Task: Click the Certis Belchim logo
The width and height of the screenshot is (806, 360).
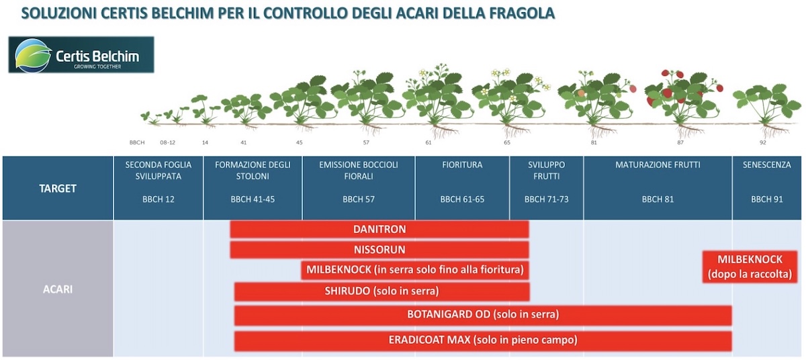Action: [81, 54]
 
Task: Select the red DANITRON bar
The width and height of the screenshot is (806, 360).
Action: [379, 229]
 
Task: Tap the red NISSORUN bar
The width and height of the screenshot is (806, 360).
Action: [379, 250]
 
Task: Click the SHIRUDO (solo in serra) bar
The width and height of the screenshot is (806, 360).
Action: [382, 291]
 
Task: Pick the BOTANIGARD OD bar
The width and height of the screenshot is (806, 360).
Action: [482, 314]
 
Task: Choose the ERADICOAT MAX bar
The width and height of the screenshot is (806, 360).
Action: [482, 341]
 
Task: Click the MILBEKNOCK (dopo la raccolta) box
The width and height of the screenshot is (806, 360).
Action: [750, 267]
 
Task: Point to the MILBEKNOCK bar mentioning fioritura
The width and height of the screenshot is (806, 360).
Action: [414, 271]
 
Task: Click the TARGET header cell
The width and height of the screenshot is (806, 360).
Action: [58, 189]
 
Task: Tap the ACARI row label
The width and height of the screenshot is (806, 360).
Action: [58, 289]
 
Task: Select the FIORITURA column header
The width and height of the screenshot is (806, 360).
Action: [462, 165]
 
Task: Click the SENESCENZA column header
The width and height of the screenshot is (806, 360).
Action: [766, 165]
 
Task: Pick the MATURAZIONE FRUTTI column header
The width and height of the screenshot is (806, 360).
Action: [657, 165]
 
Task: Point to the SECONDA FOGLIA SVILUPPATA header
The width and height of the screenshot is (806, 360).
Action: [159, 170]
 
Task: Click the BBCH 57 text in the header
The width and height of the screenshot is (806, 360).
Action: [358, 199]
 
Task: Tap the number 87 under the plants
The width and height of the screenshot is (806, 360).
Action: [680, 142]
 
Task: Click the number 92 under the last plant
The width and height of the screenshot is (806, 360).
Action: [762, 142]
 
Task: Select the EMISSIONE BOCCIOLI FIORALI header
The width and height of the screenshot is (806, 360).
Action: [358, 170]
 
